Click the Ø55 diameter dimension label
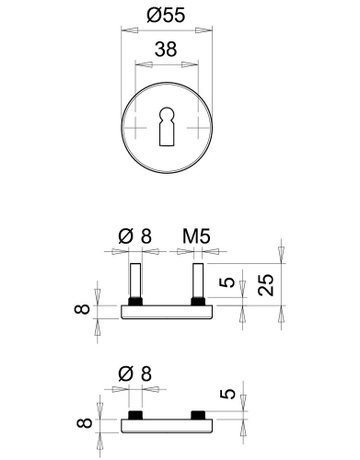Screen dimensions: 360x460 tap(166, 15)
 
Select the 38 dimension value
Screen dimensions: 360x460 tap(166, 49)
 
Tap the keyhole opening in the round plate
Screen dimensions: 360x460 tap(167, 126)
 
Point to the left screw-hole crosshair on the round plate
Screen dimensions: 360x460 tap(135, 127)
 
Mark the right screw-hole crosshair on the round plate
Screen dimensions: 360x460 tap(198, 127)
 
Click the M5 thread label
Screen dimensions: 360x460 tap(196, 236)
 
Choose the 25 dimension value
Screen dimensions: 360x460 tap(266, 284)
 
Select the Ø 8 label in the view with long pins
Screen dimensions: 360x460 tap(135, 236)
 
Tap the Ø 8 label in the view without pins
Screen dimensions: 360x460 tap(135, 374)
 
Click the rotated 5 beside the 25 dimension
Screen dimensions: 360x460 tap(228, 283)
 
